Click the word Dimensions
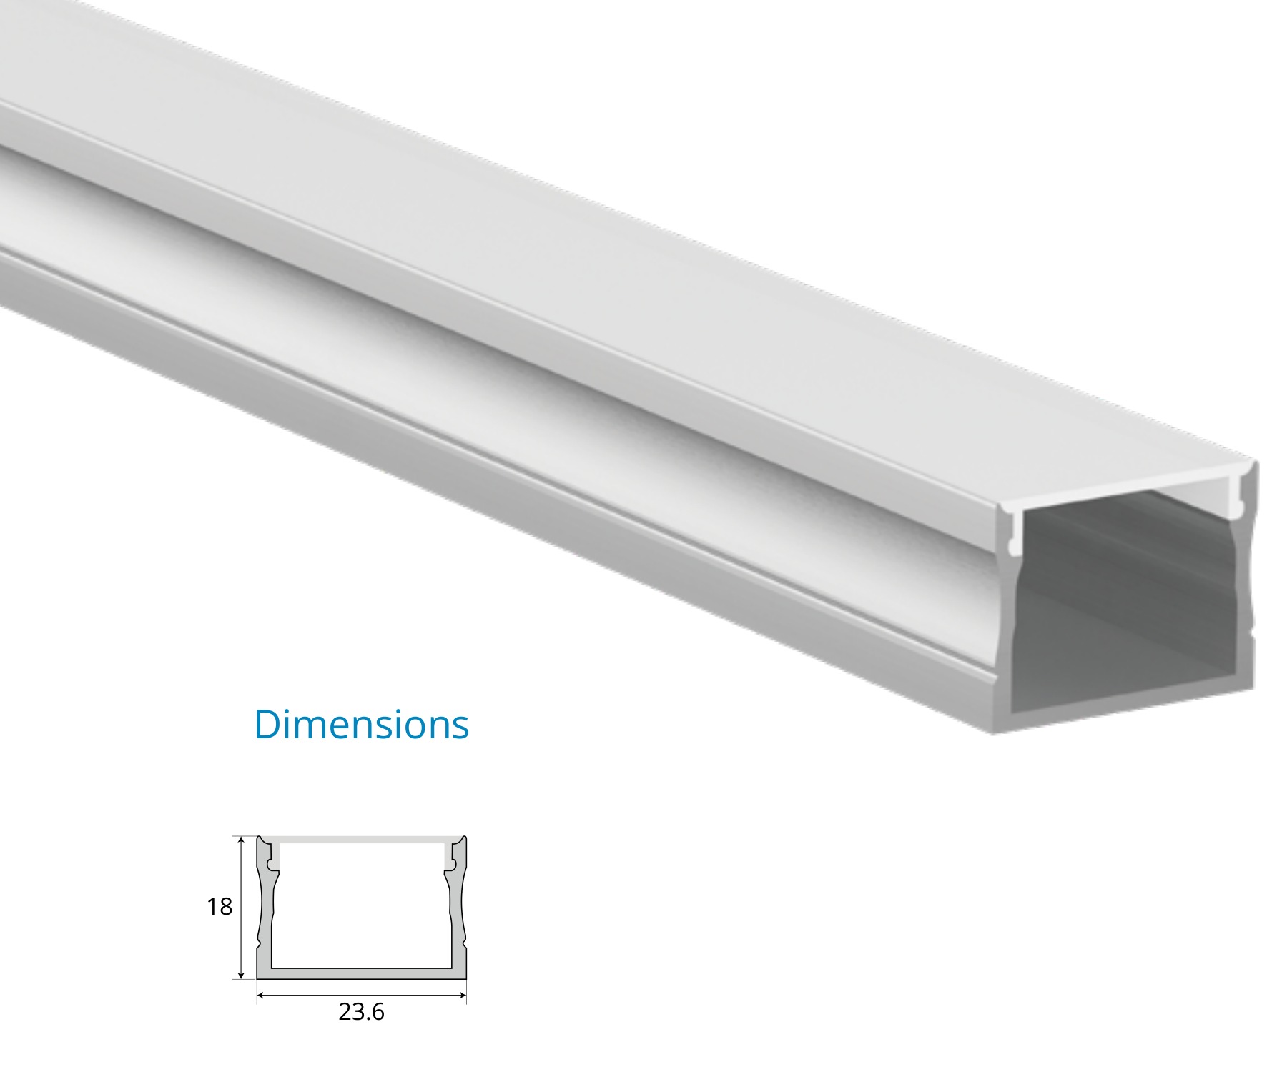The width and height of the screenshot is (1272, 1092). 361,724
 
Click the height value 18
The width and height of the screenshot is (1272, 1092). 220,907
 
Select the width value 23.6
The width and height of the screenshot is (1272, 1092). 361,1012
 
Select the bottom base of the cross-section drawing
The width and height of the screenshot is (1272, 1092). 361,974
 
